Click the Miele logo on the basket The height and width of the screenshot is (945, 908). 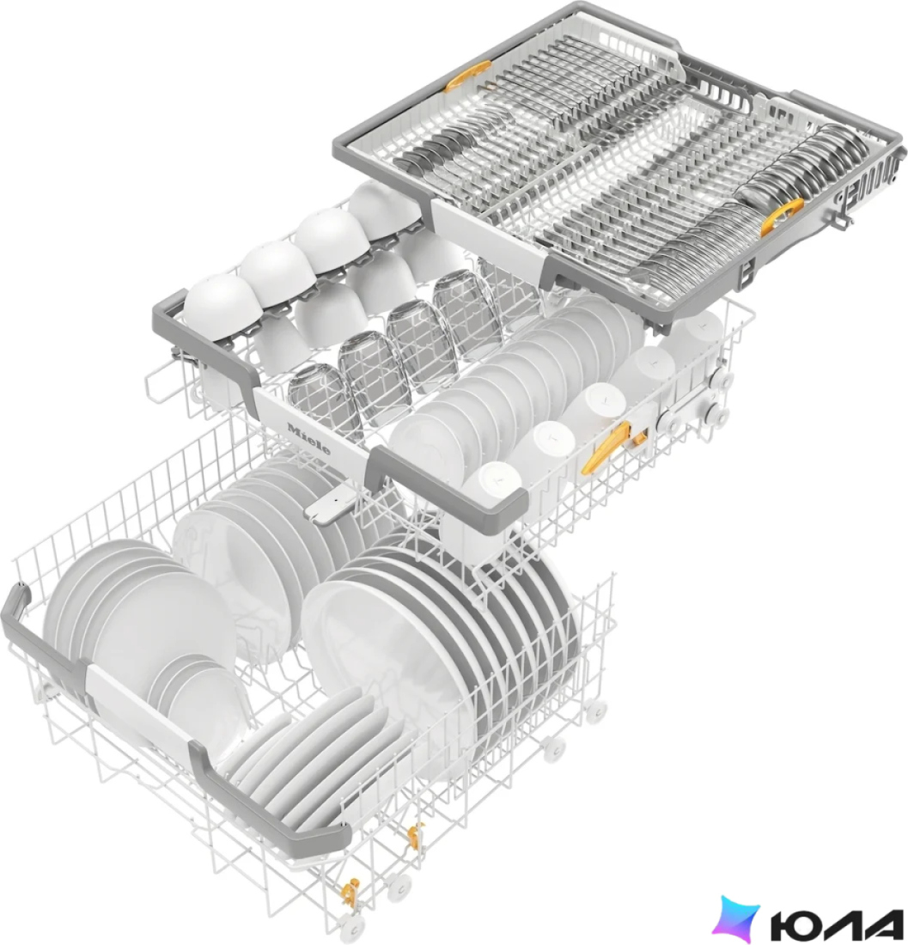(309, 439)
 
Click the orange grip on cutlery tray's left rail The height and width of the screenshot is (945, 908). (467, 76)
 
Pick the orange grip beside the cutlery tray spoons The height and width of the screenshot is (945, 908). (782, 215)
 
